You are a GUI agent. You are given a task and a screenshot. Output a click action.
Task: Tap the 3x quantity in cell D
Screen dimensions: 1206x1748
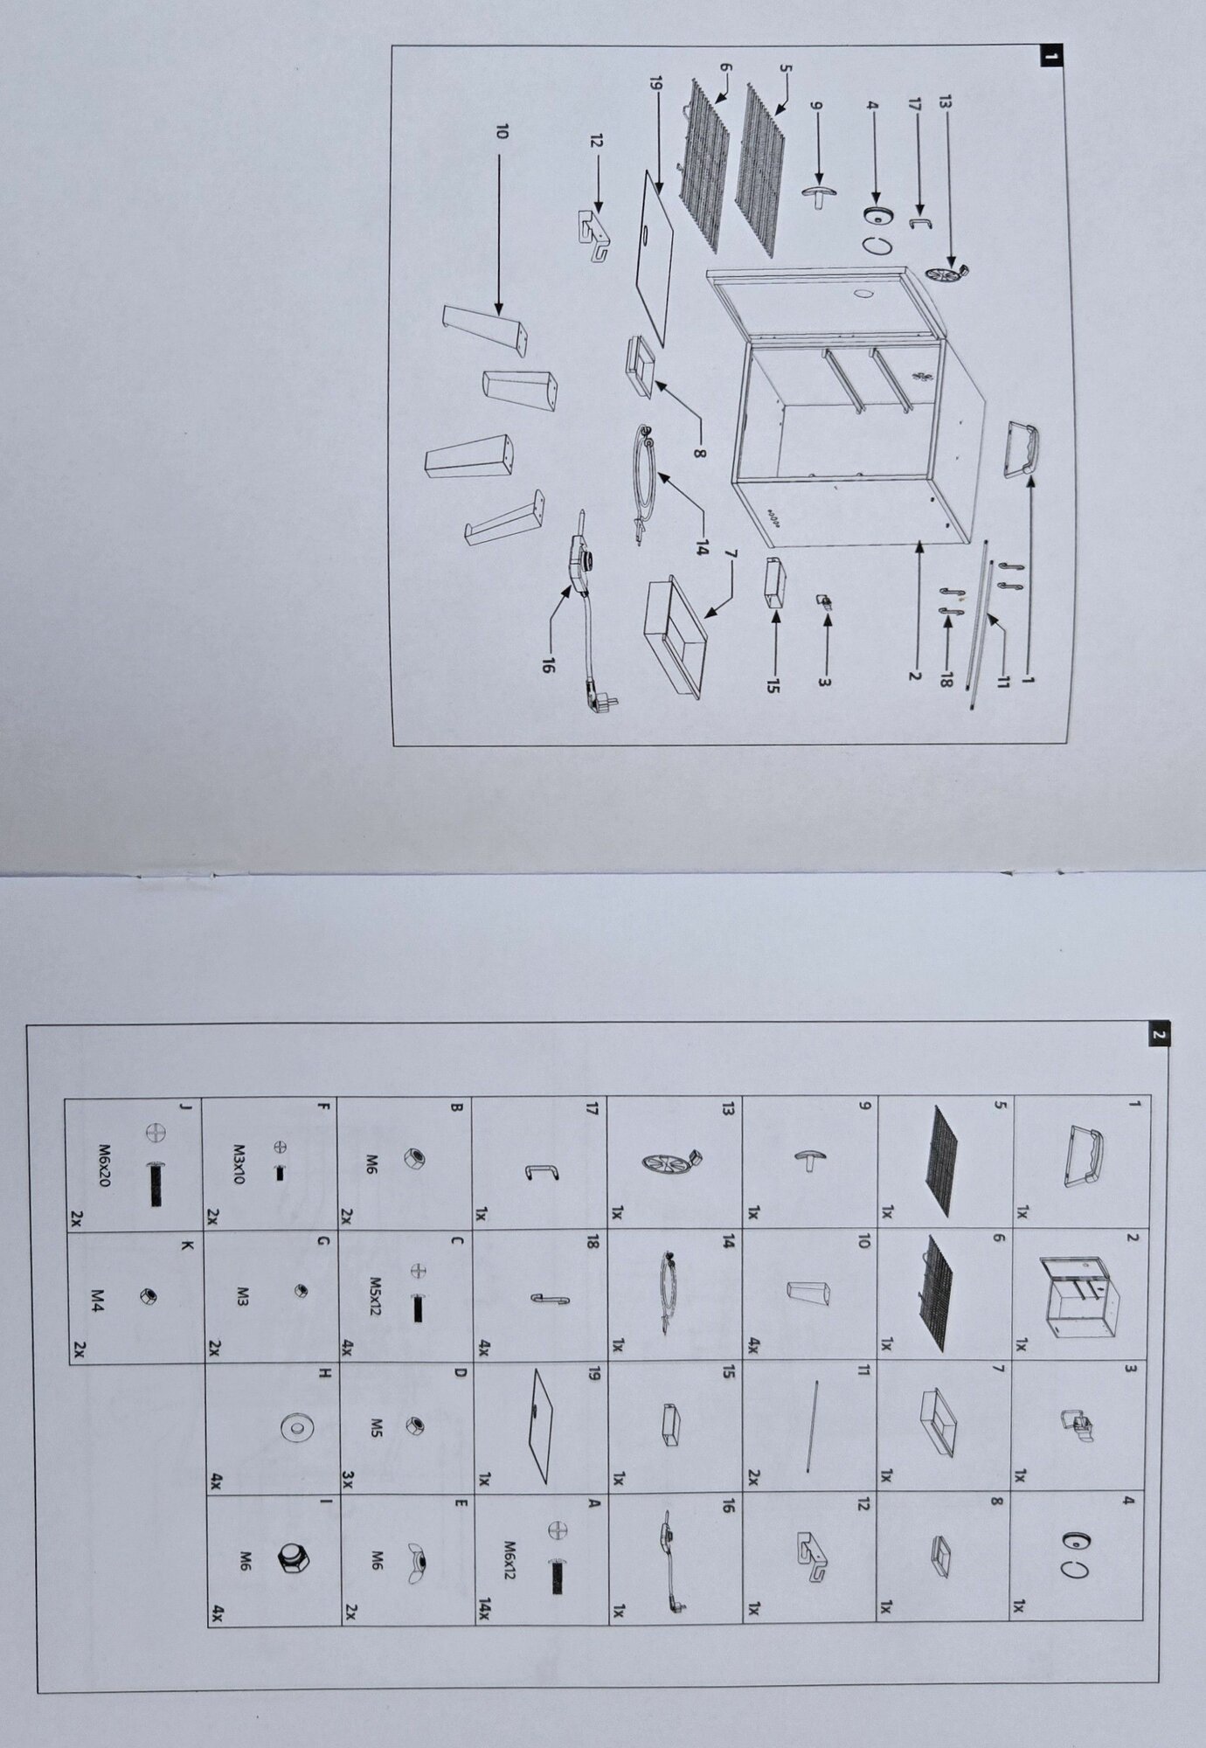348,1478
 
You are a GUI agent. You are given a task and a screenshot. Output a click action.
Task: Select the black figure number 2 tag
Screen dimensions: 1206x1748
1159,1035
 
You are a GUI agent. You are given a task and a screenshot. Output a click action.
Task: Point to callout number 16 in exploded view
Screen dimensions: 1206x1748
548,666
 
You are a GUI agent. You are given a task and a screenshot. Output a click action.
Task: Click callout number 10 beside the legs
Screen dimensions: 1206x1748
501,132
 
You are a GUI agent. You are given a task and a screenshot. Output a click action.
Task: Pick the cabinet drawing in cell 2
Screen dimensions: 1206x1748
1077,1295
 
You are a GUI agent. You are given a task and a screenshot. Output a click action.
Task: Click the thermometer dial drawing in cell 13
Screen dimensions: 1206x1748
673,1162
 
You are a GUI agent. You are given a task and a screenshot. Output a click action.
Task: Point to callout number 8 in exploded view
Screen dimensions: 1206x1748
700,454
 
